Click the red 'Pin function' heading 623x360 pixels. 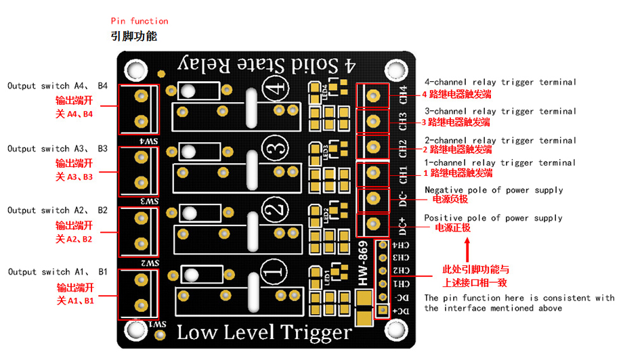139,21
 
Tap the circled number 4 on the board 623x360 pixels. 276,87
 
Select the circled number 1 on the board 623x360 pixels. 274,271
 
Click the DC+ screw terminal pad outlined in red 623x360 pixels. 372,224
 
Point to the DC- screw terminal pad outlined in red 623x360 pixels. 372,198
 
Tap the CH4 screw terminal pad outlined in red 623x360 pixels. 372,95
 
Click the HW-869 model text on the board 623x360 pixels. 363,263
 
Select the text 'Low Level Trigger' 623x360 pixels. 264,333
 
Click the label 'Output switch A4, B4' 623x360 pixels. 58,86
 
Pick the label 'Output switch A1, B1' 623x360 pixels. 58,272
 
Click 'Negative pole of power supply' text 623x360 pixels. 494,190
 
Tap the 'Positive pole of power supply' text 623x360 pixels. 493,218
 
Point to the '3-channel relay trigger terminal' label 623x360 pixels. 500,112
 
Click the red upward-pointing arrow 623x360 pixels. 467,250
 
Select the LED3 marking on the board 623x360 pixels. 326,152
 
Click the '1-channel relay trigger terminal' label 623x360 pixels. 500,162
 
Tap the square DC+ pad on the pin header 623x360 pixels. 383,310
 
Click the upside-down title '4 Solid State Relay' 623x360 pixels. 267,65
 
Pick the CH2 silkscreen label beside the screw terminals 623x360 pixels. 403,148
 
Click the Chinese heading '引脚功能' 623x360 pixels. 134,36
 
